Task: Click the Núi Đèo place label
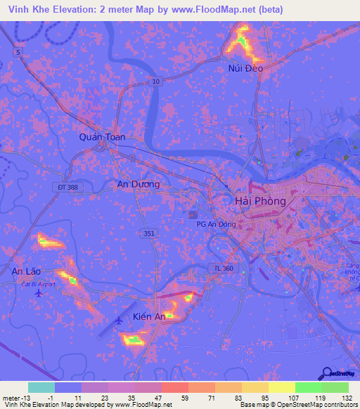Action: pos(245,68)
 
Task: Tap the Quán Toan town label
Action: pos(102,137)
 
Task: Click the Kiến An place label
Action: pos(150,317)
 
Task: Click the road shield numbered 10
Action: pos(155,82)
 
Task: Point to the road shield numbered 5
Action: pos(17,52)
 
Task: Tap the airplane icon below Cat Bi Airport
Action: pos(37,293)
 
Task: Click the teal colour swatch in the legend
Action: pos(41,387)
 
